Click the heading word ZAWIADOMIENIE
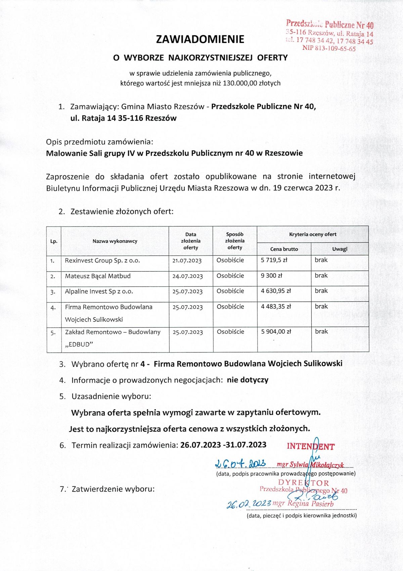[x=200, y=39]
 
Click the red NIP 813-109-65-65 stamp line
[x=329, y=48]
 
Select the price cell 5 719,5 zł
[x=274, y=260]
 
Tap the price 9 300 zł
[x=271, y=276]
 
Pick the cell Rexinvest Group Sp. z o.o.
[x=102, y=260]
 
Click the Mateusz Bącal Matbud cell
[x=98, y=276]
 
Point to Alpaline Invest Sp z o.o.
[x=99, y=291]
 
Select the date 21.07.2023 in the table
[x=187, y=260]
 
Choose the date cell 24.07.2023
[x=187, y=276]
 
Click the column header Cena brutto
[x=284, y=249]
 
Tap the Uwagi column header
[x=340, y=249]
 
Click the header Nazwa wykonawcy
[x=115, y=241]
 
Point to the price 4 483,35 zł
[x=276, y=306]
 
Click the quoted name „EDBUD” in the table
[x=79, y=344]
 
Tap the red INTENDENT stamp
[x=310, y=446]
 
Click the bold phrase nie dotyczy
[x=248, y=380]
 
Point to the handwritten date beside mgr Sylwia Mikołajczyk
[x=240, y=464]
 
